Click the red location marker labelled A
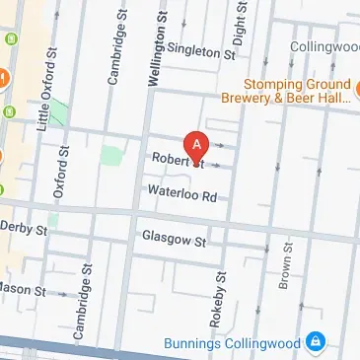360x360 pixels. [197, 147]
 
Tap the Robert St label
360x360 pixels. [177, 160]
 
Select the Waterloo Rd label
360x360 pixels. [181, 195]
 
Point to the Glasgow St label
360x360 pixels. [173, 240]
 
